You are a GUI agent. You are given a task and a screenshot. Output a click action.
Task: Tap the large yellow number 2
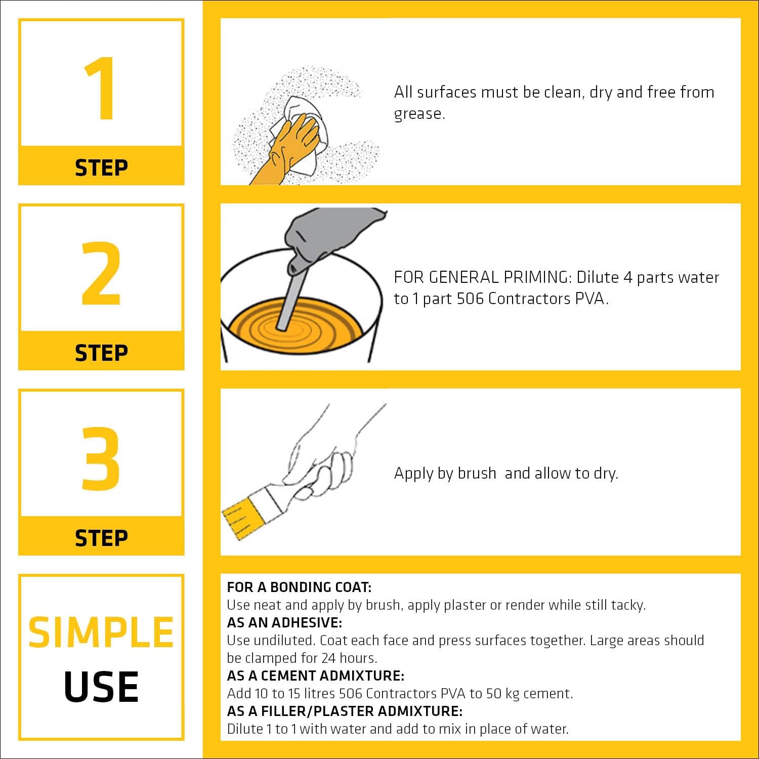coord(101,274)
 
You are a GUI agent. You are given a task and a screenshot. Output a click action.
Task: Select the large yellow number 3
coord(101,459)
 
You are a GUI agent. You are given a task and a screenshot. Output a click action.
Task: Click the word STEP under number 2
coord(101,353)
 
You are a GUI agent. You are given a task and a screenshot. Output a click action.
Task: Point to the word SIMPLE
coord(101,632)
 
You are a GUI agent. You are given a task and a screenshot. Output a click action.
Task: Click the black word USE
coord(101,687)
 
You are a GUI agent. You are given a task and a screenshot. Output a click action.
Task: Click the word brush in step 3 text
coord(477,473)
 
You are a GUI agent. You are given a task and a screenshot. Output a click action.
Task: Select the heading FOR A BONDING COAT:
coord(299,587)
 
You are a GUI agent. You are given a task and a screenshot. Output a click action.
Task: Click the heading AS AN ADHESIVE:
coord(284,622)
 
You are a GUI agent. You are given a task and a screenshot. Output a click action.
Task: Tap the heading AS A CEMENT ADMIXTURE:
coord(316,676)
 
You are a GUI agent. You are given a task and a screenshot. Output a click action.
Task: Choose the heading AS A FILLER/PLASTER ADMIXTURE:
coord(345,711)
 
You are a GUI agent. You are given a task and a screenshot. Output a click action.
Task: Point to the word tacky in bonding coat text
coord(627,606)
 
